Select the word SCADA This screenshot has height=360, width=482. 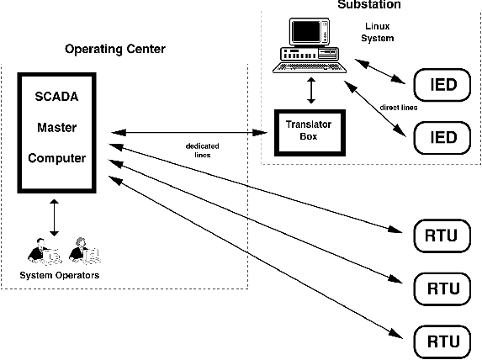(x=56, y=97)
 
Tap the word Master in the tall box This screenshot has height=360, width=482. (x=57, y=127)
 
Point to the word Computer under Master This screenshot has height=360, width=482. (x=57, y=158)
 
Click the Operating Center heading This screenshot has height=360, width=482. (x=115, y=49)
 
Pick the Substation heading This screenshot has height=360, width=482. (x=369, y=4)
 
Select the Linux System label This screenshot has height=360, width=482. (x=378, y=32)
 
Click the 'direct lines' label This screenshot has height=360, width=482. (x=399, y=108)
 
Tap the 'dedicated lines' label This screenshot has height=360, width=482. (x=203, y=151)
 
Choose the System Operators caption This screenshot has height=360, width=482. (x=60, y=275)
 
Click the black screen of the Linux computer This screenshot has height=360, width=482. (x=306, y=31)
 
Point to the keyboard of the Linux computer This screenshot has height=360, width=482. (x=310, y=67)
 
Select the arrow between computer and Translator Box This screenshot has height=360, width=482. (x=311, y=90)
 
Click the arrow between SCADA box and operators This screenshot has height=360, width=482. (x=54, y=218)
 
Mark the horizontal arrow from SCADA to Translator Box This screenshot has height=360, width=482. (x=189, y=133)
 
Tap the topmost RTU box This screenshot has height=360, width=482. (x=442, y=236)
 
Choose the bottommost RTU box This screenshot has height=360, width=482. (x=442, y=341)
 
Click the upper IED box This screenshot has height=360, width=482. (x=442, y=85)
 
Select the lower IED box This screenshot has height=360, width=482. (x=442, y=138)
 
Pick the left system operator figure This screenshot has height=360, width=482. (x=45, y=251)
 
